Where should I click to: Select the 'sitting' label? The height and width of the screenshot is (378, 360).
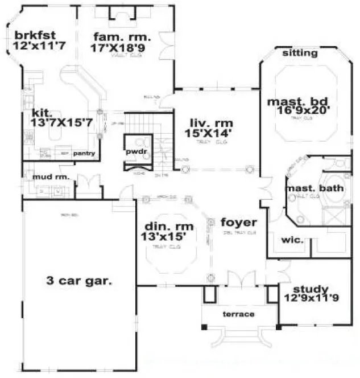[x=300, y=54]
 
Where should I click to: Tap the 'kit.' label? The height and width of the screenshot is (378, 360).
[x=43, y=113]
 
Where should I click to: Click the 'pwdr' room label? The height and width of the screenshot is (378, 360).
[x=136, y=153]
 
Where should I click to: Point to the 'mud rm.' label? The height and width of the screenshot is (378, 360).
[x=51, y=177]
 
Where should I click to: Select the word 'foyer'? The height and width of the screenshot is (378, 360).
[x=239, y=222]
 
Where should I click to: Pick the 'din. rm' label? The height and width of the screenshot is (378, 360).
[x=164, y=224]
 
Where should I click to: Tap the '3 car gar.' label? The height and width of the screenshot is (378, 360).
[x=78, y=280]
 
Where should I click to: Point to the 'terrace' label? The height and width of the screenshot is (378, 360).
[x=238, y=314]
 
